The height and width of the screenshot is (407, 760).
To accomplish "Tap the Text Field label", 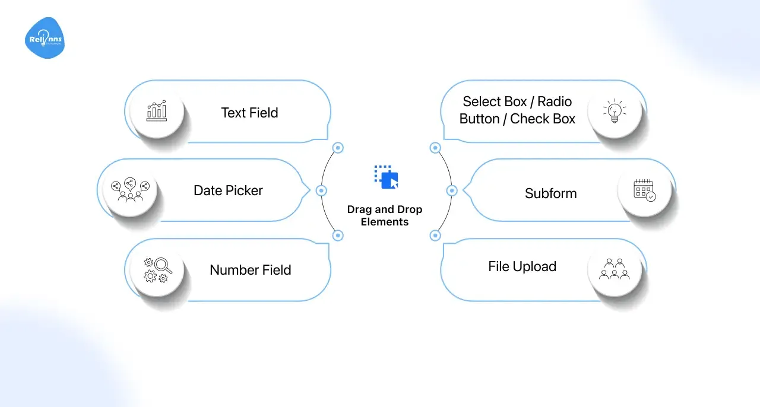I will click(249, 113).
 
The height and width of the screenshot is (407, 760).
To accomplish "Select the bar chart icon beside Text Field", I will click(157, 111).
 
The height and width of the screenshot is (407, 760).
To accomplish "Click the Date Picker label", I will click(228, 190).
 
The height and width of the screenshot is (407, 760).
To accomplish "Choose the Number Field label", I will click(250, 270).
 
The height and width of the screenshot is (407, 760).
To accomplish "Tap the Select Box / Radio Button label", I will click(517, 110).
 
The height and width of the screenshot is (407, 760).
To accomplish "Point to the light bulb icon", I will click(615, 111).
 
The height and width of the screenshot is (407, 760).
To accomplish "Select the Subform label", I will click(550, 193).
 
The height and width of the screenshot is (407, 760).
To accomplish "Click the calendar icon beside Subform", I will click(644, 190).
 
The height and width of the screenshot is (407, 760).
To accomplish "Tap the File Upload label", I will click(522, 267).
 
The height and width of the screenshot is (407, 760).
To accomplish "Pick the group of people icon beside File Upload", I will click(615, 269).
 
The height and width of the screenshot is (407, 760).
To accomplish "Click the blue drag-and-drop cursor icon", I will click(386, 177).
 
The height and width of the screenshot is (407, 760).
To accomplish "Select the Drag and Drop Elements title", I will click(385, 216).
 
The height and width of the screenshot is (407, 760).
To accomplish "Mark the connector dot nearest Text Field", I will click(338, 148).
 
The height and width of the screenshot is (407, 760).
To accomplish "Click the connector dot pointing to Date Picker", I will click(321, 190).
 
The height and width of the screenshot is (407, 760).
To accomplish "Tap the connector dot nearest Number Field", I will click(338, 236).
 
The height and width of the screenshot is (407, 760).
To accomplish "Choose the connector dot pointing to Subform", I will click(452, 190).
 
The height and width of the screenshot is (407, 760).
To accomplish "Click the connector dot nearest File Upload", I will click(435, 236).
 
